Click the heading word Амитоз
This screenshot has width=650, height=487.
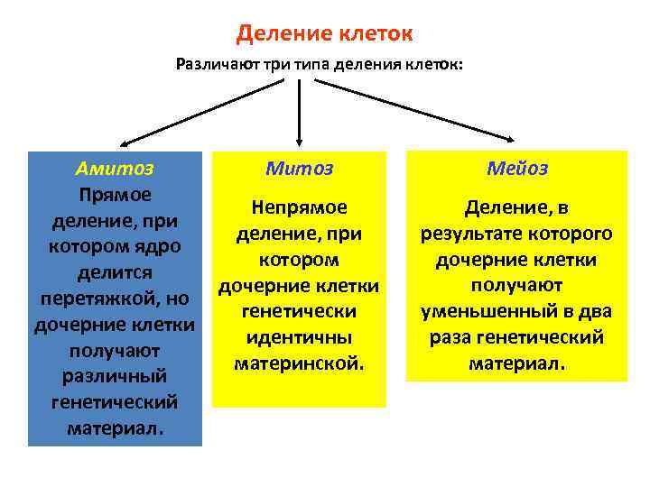pyautogui.click(x=115, y=168)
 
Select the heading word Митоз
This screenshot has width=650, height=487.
pyautogui.click(x=299, y=169)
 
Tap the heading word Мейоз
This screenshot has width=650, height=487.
pyautogui.click(x=516, y=169)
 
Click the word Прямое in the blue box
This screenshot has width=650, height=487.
pyautogui.click(x=115, y=194)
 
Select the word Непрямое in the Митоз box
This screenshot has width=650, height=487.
pyautogui.click(x=299, y=207)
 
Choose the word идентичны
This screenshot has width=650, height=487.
pyautogui.click(x=299, y=337)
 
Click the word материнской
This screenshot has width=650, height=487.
pyautogui.click(x=299, y=363)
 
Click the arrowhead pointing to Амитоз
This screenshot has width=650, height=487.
pyautogui.click(x=125, y=143)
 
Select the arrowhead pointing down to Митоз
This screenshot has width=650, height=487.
pyautogui.click(x=299, y=134)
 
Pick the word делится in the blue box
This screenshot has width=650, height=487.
pyautogui.click(x=115, y=271)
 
